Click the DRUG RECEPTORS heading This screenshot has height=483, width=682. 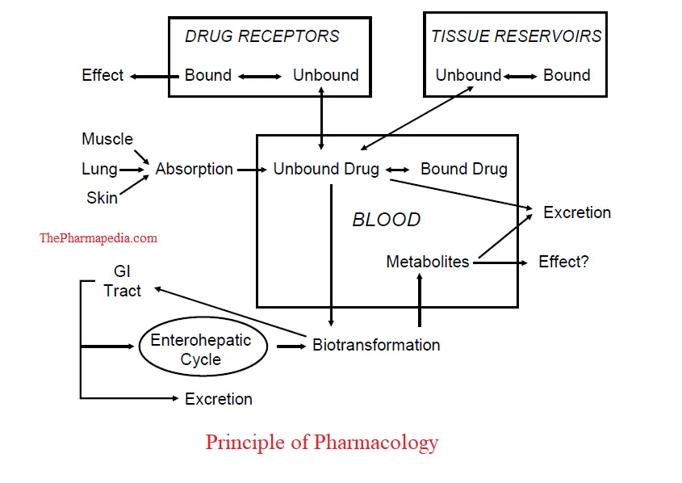[262, 36]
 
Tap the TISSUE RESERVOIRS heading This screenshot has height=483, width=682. [516, 36]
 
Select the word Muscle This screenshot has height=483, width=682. [107, 139]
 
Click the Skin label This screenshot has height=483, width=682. [102, 197]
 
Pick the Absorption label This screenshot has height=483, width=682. [195, 170]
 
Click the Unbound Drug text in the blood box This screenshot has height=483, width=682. [326, 170]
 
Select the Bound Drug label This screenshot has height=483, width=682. [464, 170]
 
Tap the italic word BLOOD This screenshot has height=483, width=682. [387, 220]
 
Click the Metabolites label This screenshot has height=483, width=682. [428, 262]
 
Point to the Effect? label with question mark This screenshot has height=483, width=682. [564, 262]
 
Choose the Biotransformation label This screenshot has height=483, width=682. [376, 345]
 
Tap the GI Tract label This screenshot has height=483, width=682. [122, 282]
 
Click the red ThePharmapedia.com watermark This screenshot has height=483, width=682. [98, 238]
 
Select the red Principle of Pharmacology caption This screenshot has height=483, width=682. [321, 443]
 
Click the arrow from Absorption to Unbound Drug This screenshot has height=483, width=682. [253, 170]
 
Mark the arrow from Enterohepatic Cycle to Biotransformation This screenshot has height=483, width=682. [291, 346]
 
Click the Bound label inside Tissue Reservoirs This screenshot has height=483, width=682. [567, 75]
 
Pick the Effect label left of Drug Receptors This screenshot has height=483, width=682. [103, 75]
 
